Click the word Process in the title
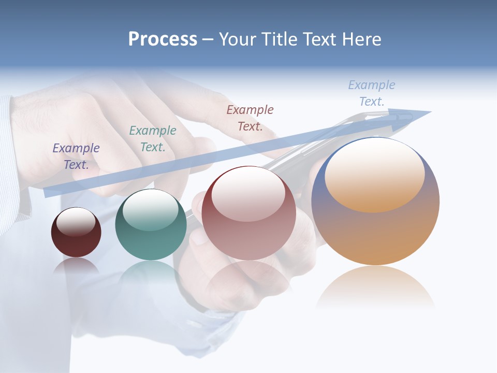163,39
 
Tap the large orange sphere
375,233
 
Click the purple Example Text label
76,156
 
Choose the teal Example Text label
153,138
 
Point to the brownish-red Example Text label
250,118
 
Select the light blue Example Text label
372,93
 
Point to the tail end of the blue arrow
49,192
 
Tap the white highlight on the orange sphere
374,175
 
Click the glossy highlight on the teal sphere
151,210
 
